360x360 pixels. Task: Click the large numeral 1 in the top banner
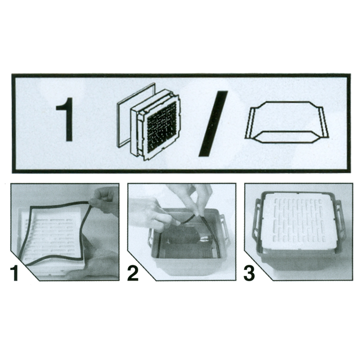pos(66,120)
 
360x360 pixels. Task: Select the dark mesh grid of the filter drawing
pos(162,127)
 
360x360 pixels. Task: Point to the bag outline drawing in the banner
pos(287,122)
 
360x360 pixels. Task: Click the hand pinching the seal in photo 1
pos(103,199)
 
